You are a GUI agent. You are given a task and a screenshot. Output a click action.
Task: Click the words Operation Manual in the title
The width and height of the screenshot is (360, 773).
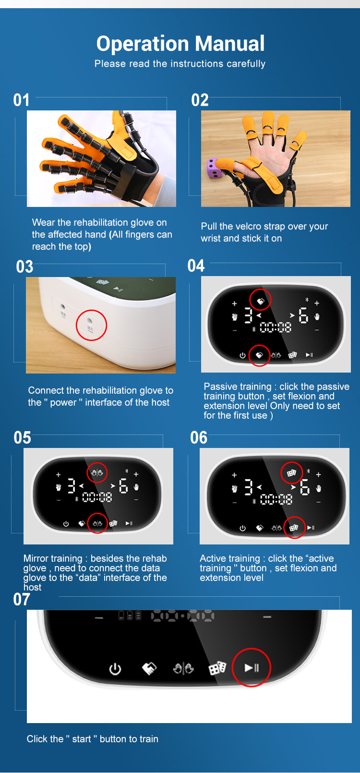point(180,44)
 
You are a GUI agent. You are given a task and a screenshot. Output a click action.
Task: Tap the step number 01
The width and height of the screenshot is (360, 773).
point(22,100)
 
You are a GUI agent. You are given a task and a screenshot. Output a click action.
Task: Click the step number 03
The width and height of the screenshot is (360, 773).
point(24,267)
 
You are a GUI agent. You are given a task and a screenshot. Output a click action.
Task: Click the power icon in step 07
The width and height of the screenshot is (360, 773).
point(115,669)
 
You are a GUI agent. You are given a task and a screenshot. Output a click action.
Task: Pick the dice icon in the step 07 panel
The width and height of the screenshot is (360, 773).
point(217,668)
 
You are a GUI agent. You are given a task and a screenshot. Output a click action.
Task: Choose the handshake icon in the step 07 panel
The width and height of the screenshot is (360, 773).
point(149,668)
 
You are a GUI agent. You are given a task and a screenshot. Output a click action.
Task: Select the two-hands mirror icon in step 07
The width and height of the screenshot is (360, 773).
point(183,668)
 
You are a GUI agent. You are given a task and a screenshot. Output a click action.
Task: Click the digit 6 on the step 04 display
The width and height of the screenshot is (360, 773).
point(303,315)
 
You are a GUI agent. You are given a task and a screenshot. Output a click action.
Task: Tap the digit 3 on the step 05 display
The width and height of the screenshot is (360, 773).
point(71,486)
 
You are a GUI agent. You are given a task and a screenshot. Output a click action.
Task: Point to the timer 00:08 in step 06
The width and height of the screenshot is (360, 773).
point(276,499)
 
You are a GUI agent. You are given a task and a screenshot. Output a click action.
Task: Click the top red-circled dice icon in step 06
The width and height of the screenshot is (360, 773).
point(291,472)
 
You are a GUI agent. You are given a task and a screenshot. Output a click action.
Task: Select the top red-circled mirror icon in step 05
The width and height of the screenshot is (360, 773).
point(97,472)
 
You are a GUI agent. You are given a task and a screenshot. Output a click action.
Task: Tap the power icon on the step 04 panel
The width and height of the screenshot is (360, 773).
point(242,355)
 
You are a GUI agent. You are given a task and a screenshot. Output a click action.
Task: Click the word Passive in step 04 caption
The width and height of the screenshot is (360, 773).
point(220,386)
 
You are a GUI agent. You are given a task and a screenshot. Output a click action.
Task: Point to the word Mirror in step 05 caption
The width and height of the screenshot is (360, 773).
point(36,558)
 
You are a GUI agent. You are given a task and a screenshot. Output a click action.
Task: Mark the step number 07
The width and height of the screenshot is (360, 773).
point(22,599)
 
